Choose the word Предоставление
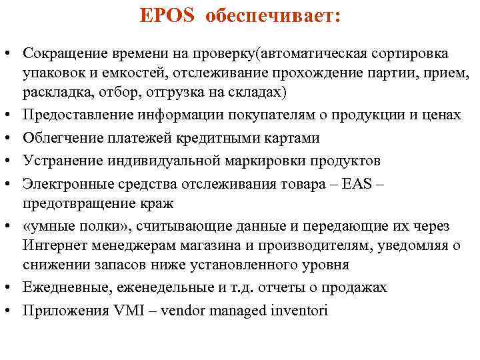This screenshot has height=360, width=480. pos(73,115)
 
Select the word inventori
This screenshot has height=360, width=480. pos(299,310)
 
